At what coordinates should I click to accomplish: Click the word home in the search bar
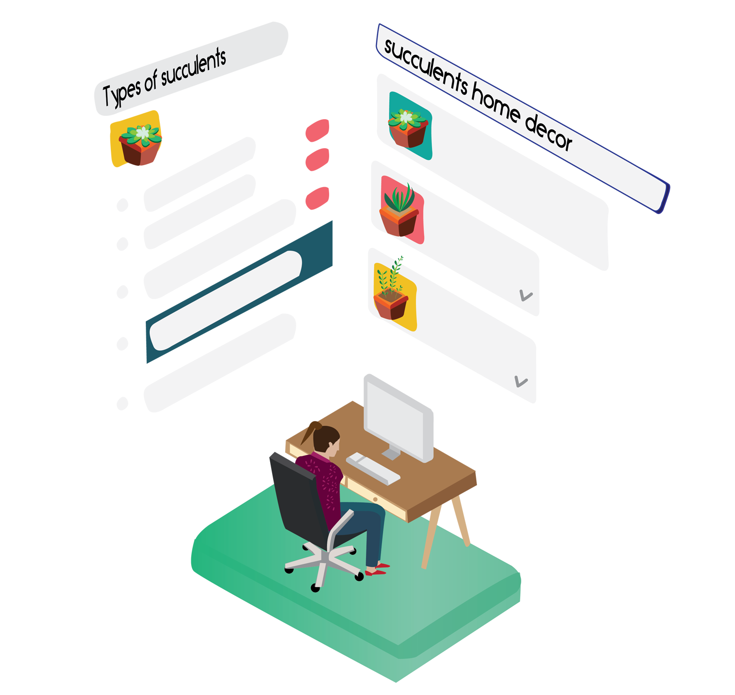pyautogui.click(x=496, y=106)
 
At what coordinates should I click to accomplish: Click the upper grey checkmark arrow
pyautogui.click(x=526, y=295)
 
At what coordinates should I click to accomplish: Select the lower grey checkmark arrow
pyautogui.click(x=521, y=382)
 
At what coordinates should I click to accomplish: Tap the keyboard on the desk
pyautogui.click(x=373, y=468)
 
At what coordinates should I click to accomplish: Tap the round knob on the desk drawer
pyautogui.click(x=375, y=499)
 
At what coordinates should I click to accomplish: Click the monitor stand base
pyautogui.click(x=391, y=454)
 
